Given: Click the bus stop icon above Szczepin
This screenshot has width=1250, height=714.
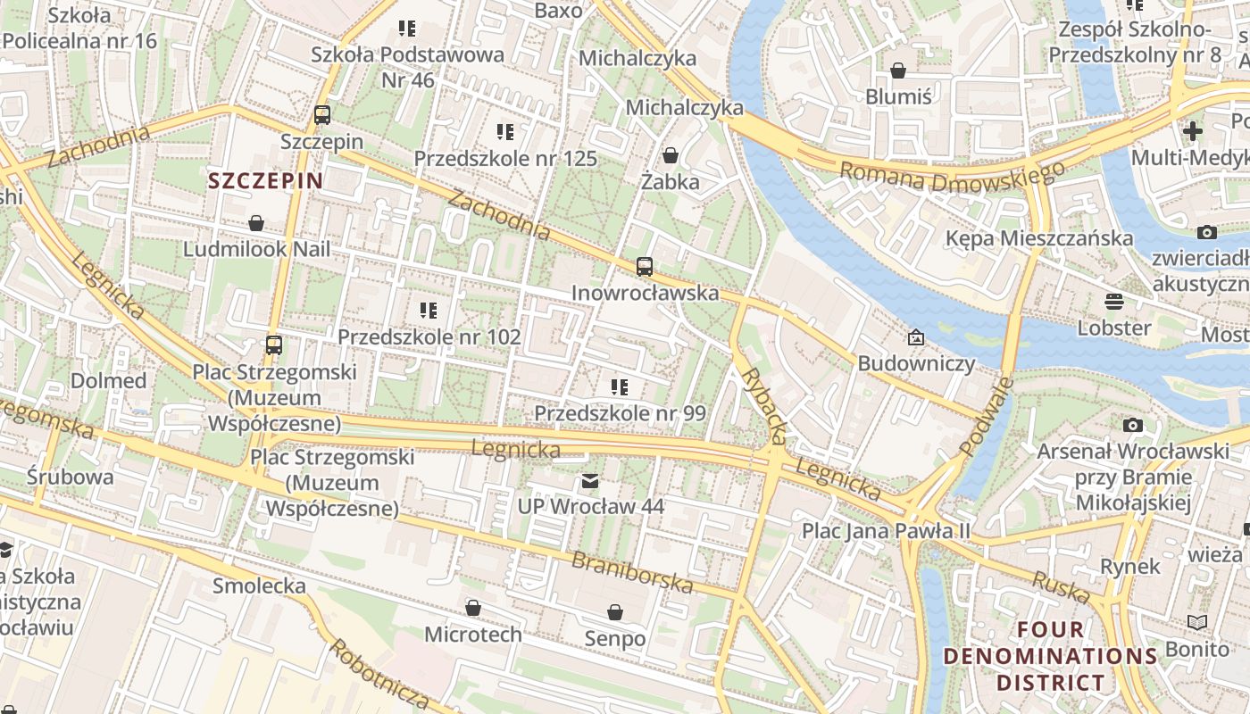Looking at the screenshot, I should pos(322,115).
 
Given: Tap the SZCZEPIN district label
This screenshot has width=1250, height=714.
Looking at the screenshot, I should pos(265,181).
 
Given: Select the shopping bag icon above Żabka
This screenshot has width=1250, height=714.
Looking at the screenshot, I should pos(671,156).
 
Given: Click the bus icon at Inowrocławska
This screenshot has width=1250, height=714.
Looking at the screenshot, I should pos(644,266).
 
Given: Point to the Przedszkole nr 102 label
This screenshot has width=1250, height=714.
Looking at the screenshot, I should pos(429,337).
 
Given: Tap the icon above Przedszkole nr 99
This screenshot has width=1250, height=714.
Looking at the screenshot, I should pos(619,387).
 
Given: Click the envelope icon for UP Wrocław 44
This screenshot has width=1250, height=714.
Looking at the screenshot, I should pos(590,481).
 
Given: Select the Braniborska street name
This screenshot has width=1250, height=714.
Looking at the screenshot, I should pos(632,573).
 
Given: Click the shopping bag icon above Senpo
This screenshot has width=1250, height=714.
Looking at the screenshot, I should pos(615,612).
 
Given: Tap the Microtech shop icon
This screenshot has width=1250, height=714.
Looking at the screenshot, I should pos(473,609).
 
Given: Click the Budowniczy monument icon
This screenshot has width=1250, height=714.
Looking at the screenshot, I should pos(915,337).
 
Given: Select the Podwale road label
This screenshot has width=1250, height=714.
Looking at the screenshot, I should pos(987,417).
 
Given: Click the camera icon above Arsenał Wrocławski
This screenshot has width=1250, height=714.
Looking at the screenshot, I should pos(1132,426).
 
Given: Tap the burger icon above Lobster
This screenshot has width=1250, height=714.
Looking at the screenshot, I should pos(1113,301).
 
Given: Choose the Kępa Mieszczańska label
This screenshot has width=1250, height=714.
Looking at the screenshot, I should pos(1039,238).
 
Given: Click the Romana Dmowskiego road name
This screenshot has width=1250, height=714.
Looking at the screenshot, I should pos(952,176).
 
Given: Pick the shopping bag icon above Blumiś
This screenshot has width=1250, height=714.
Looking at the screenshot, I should pos(898,71).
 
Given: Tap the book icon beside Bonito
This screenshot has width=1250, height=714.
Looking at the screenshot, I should pos(1196,622).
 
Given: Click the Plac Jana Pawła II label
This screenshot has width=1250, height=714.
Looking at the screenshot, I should pos(886,530).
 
